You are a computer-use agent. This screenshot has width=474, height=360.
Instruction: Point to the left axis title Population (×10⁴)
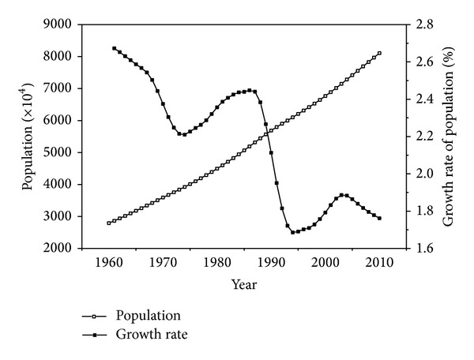click(x=28, y=137)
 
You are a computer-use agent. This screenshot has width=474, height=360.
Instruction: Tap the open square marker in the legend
click(x=96, y=316)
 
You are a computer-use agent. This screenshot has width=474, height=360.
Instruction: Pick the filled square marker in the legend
click(x=96, y=335)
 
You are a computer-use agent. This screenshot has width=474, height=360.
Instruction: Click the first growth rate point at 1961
click(x=115, y=48)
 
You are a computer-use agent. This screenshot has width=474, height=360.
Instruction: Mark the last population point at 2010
click(x=379, y=53)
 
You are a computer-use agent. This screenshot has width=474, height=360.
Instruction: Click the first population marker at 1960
click(x=109, y=223)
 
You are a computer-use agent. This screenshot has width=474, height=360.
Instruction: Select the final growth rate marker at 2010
click(x=379, y=218)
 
